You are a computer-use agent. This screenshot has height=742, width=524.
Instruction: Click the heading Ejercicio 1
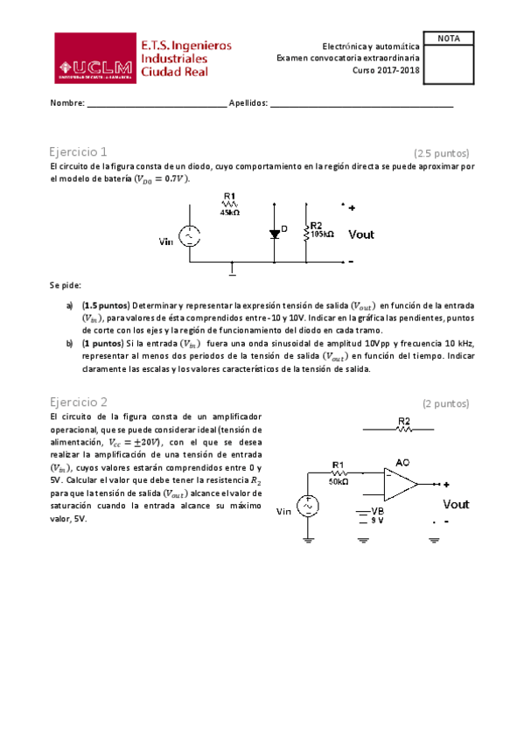coord(79,151)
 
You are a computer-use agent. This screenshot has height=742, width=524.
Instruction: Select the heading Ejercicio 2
coord(79,402)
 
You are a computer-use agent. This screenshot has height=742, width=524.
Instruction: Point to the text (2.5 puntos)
coord(442,152)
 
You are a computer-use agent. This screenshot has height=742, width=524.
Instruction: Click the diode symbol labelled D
coord(274,233)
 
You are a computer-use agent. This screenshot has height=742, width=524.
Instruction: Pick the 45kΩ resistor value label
coord(230,213)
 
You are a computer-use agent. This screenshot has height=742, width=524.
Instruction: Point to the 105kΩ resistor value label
coord(323,234)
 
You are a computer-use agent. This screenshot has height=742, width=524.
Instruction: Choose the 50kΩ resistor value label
coord(339,481)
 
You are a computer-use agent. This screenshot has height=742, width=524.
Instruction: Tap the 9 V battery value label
coord(379,521)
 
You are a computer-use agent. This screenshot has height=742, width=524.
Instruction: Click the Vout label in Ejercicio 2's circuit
coord(456,504)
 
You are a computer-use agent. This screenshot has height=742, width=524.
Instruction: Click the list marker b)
coord(69,344)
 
